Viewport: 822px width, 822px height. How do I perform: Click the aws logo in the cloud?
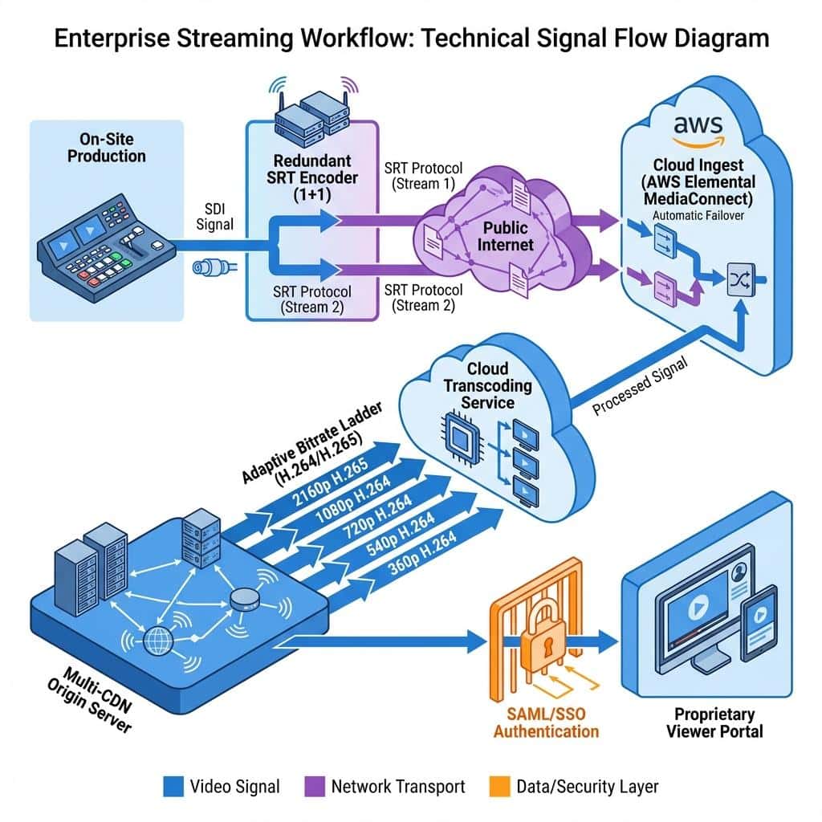698,131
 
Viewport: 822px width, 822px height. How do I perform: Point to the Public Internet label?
505,237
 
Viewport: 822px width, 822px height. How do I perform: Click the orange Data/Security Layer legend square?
499,787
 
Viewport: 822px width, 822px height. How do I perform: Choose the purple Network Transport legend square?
315,787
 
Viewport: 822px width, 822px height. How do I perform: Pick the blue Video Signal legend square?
173,787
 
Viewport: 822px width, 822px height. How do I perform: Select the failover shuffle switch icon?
741,279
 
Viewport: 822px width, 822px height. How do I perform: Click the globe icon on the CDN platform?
158,641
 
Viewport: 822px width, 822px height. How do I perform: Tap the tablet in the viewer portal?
759,622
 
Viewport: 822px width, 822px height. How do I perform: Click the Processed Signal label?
640,386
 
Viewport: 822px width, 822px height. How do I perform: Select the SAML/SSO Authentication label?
546,723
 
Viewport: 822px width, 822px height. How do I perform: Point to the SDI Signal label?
214,217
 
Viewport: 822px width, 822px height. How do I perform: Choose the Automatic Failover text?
698,215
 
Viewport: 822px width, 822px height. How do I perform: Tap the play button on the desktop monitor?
698,608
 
